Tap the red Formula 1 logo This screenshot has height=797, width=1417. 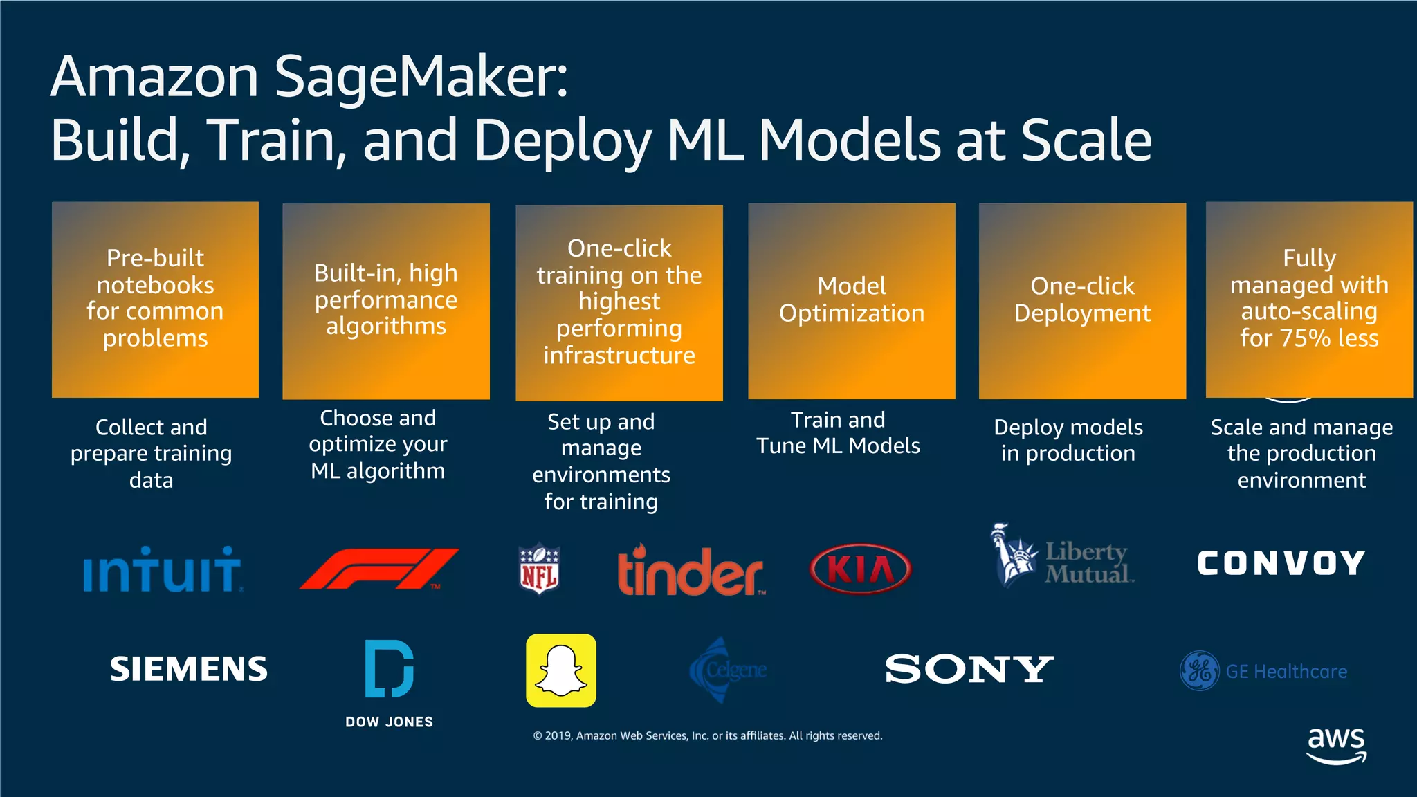click(379, 569)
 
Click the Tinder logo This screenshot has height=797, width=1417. click(690, 571)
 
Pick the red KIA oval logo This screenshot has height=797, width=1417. click(860, 569)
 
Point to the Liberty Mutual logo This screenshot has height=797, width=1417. click(1062, 557)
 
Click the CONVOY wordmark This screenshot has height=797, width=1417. click(1281, 563)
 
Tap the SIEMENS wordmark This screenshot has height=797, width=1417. click(188, 669)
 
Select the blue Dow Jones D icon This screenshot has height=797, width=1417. click(389, 669)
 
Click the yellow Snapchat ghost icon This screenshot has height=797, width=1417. click(561, 670)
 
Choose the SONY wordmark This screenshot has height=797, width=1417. click(969, 669)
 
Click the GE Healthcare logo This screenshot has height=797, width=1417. click(1263, 671)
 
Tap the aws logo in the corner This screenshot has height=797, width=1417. click(1336, 745)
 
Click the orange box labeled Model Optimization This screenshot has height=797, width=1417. click(852, 300)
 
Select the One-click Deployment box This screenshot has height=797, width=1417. click(1082, 300)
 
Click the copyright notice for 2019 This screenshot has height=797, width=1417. click(707, 735)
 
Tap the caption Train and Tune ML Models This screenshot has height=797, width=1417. click(838, 432)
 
